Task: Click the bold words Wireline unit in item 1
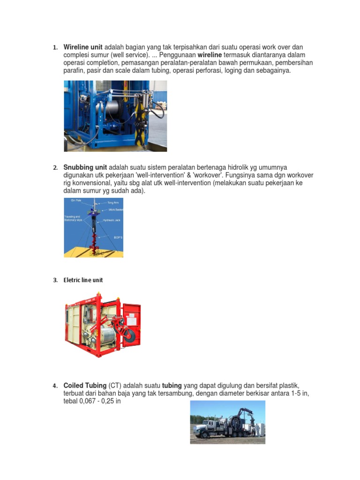[x=83, y=47]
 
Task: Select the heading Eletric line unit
[x=83, y=280]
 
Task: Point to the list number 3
[x=55, y=280]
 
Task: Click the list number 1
[x=55, y=48]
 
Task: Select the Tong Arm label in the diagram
[x=112, y=203]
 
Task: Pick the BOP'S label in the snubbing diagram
[x=118, y=238]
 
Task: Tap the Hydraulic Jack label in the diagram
[x=112, y=220]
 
